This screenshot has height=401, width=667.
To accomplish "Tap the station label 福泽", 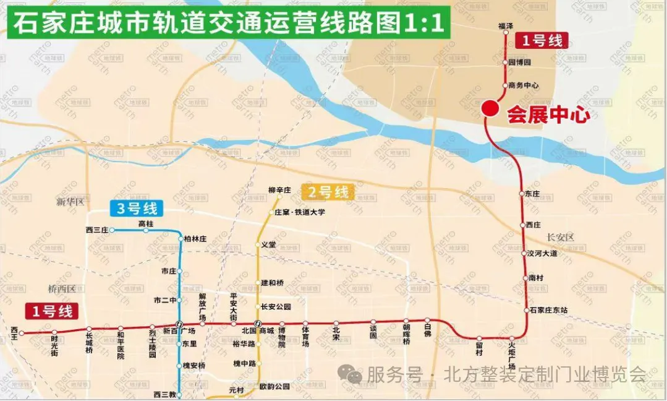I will point(506,26).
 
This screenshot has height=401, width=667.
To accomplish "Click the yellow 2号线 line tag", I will point(328,192).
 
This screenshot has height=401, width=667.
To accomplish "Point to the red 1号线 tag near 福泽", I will point(541,41).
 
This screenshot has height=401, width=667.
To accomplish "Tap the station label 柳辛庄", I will point(279,190).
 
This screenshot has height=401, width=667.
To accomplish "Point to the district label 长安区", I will point(561,237).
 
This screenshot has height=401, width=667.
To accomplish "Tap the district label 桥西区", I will point(61,288).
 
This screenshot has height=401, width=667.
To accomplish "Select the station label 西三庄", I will point(96,230).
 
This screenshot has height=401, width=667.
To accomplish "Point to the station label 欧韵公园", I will point(274,387).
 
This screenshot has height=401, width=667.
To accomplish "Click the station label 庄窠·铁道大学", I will point(300,212).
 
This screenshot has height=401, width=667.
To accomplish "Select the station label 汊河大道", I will point(542,254).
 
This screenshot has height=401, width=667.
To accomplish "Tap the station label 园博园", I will point(519,63).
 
